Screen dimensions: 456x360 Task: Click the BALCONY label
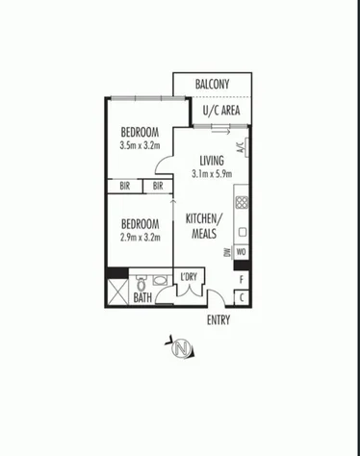coord(212,85)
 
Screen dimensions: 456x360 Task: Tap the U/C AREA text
coord(212,110)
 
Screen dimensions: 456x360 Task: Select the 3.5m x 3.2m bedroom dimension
coord(140,146)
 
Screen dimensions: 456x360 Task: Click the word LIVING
coord(212,161)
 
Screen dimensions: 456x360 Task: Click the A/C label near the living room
coord(240,148)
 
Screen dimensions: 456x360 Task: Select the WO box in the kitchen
coord(242,252)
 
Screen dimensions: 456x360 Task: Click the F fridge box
coord(242,279)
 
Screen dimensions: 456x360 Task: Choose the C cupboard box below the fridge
coord(242,297)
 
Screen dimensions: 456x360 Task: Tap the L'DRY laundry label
coord(189,280)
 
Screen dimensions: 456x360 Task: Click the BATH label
coord(142,298)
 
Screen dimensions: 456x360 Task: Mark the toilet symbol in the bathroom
coord(141,285)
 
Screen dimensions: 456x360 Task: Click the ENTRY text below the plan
coord(219,320)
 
